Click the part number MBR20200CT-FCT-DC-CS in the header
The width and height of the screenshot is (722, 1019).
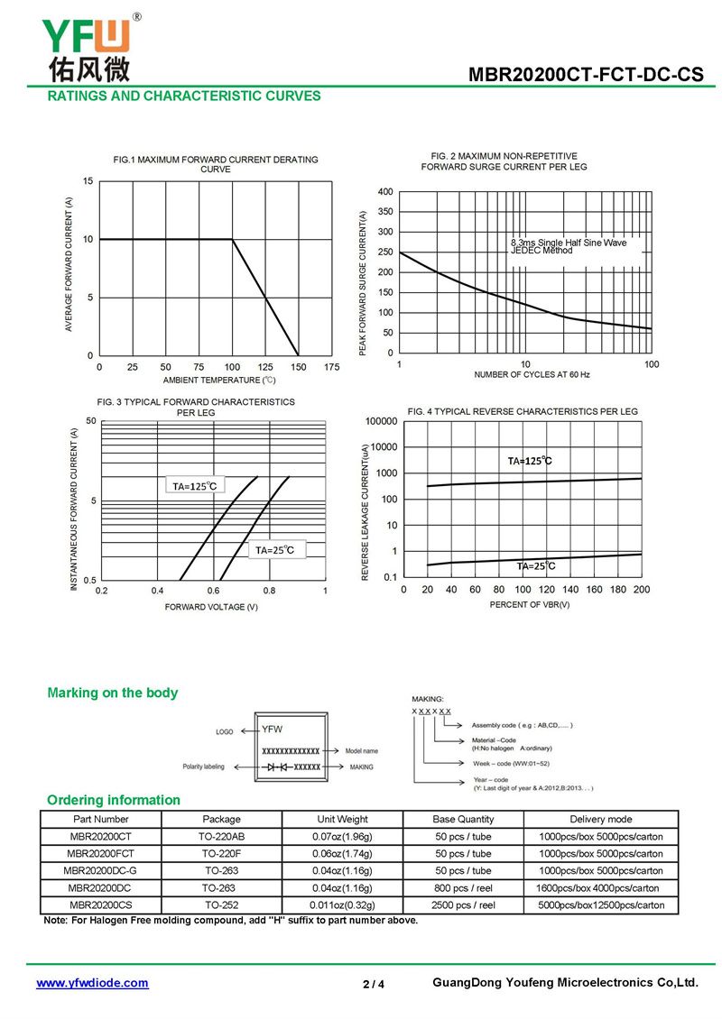click(586, 74)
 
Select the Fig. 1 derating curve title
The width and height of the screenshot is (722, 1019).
click(216, 164)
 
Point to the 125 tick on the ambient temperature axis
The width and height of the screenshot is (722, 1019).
click(265, 367)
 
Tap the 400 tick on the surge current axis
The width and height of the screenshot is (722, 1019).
click(385, 192)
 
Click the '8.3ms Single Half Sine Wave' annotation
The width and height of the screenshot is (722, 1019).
click(569, 243)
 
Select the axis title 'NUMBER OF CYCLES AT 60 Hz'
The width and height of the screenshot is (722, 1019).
click(532, 374)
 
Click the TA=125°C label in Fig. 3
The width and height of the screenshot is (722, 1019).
click(194, 486)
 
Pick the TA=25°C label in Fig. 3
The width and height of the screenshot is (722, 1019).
click(274, 550)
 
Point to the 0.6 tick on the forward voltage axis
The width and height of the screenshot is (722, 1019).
click(213, 591)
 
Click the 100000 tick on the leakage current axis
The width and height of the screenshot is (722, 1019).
click(381, 421)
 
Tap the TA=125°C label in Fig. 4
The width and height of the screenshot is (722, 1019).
click(530, 461)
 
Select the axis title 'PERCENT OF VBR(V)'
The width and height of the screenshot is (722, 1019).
click(530, 604)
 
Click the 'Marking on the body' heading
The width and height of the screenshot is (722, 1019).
click(113, 693)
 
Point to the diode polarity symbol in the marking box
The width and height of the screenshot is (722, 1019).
click(276, 767)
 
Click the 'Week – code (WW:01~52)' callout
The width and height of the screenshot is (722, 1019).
click(511, 764)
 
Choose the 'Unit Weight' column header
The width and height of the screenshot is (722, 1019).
click(342, 820)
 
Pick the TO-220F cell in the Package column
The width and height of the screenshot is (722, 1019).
click(221, 853)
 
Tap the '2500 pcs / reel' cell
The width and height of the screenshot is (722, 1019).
click(463, 904)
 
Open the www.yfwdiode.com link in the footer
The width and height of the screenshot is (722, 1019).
click(92, 983)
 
